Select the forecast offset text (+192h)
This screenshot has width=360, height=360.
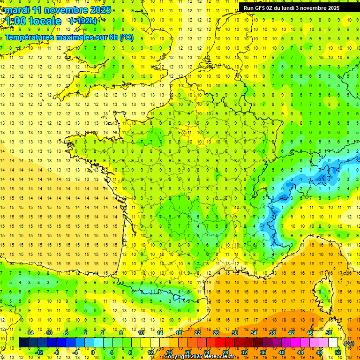click(x=83, y=21)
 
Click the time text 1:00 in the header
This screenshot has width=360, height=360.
click(x=15, y=21)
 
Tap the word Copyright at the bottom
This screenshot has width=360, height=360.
click(x=177, y=357)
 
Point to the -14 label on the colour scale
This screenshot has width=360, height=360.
click(x=30, y=333)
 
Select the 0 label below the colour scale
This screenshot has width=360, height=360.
click(x=93, y=352)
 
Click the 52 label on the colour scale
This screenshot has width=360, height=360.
click(x=338, y=352)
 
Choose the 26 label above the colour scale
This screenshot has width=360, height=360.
click(x=216, y=333)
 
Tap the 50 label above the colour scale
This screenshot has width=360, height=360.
click(x=329, y=333)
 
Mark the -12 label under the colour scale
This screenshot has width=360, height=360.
click(x=39, y=352)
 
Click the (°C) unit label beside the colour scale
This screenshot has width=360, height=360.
click(x=349, y=343)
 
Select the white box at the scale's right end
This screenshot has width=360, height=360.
click(x=333, y=343)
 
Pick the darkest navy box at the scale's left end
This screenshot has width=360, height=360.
click(x=24, y=343)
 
